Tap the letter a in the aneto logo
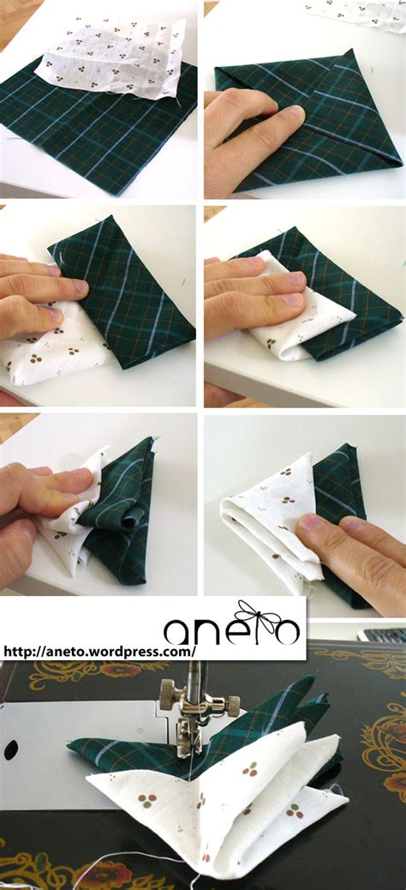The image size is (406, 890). (x=182, y=632)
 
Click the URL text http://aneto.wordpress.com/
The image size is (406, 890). (x=99, y=651)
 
